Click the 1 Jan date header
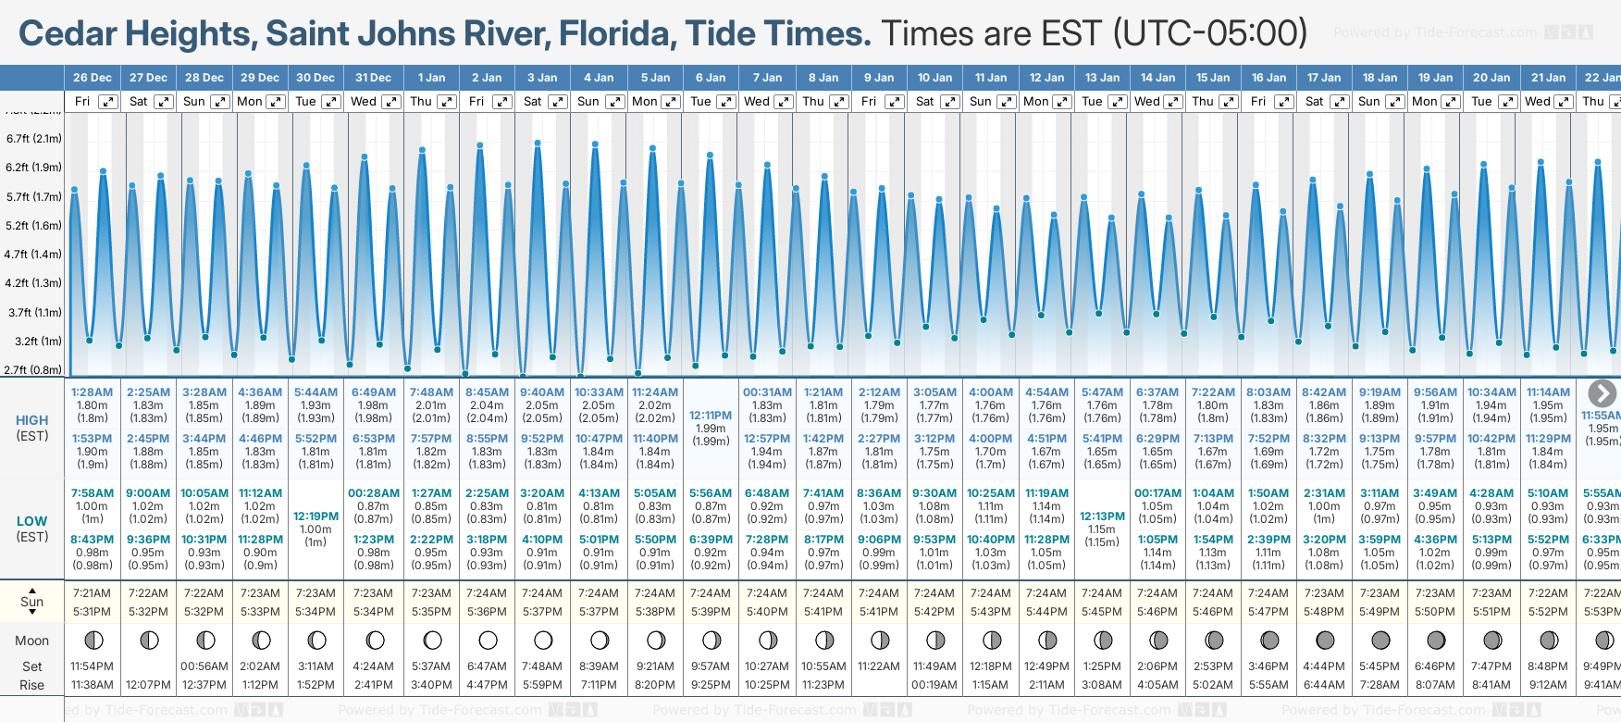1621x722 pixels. click(431, 78)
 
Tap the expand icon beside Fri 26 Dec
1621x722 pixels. click(108, 102)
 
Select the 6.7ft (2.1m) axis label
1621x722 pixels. click(34, 139)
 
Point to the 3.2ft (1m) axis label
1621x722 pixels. click(35, 341)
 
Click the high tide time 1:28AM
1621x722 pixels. click(92, 392)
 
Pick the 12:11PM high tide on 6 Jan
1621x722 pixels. click(711, 416)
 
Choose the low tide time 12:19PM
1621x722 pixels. click(316, 517)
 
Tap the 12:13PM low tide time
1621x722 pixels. click(1102, 517)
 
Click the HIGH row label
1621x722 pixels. click(32, 420)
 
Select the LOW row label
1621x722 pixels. click(32, 521)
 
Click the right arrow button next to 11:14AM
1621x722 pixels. click(1602, 393)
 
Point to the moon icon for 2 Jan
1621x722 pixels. click(488, 641)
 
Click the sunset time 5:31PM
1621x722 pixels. click(92, 612)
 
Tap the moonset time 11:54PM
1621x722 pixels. click(92, 666)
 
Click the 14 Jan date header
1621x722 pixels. click(1157, 78)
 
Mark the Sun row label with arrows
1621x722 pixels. click(32, 601)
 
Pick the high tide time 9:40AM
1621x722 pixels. click(542, 392)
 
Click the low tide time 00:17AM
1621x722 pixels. click(1157, 493)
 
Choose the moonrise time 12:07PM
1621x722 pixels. click(148, 685)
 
